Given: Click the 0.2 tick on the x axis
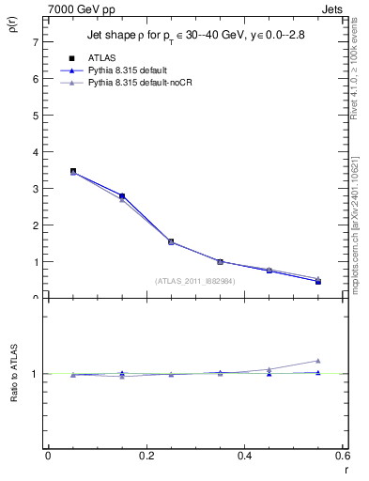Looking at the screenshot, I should click(146, 456).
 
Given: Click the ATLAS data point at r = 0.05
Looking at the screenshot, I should click(73, 171).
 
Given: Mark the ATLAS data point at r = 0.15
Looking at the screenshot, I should click(122, 195).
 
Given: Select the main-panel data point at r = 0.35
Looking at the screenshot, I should click(221, 261).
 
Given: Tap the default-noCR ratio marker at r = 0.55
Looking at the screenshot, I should click(318, 361).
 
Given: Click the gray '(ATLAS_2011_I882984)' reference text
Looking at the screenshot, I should click(195, 281).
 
